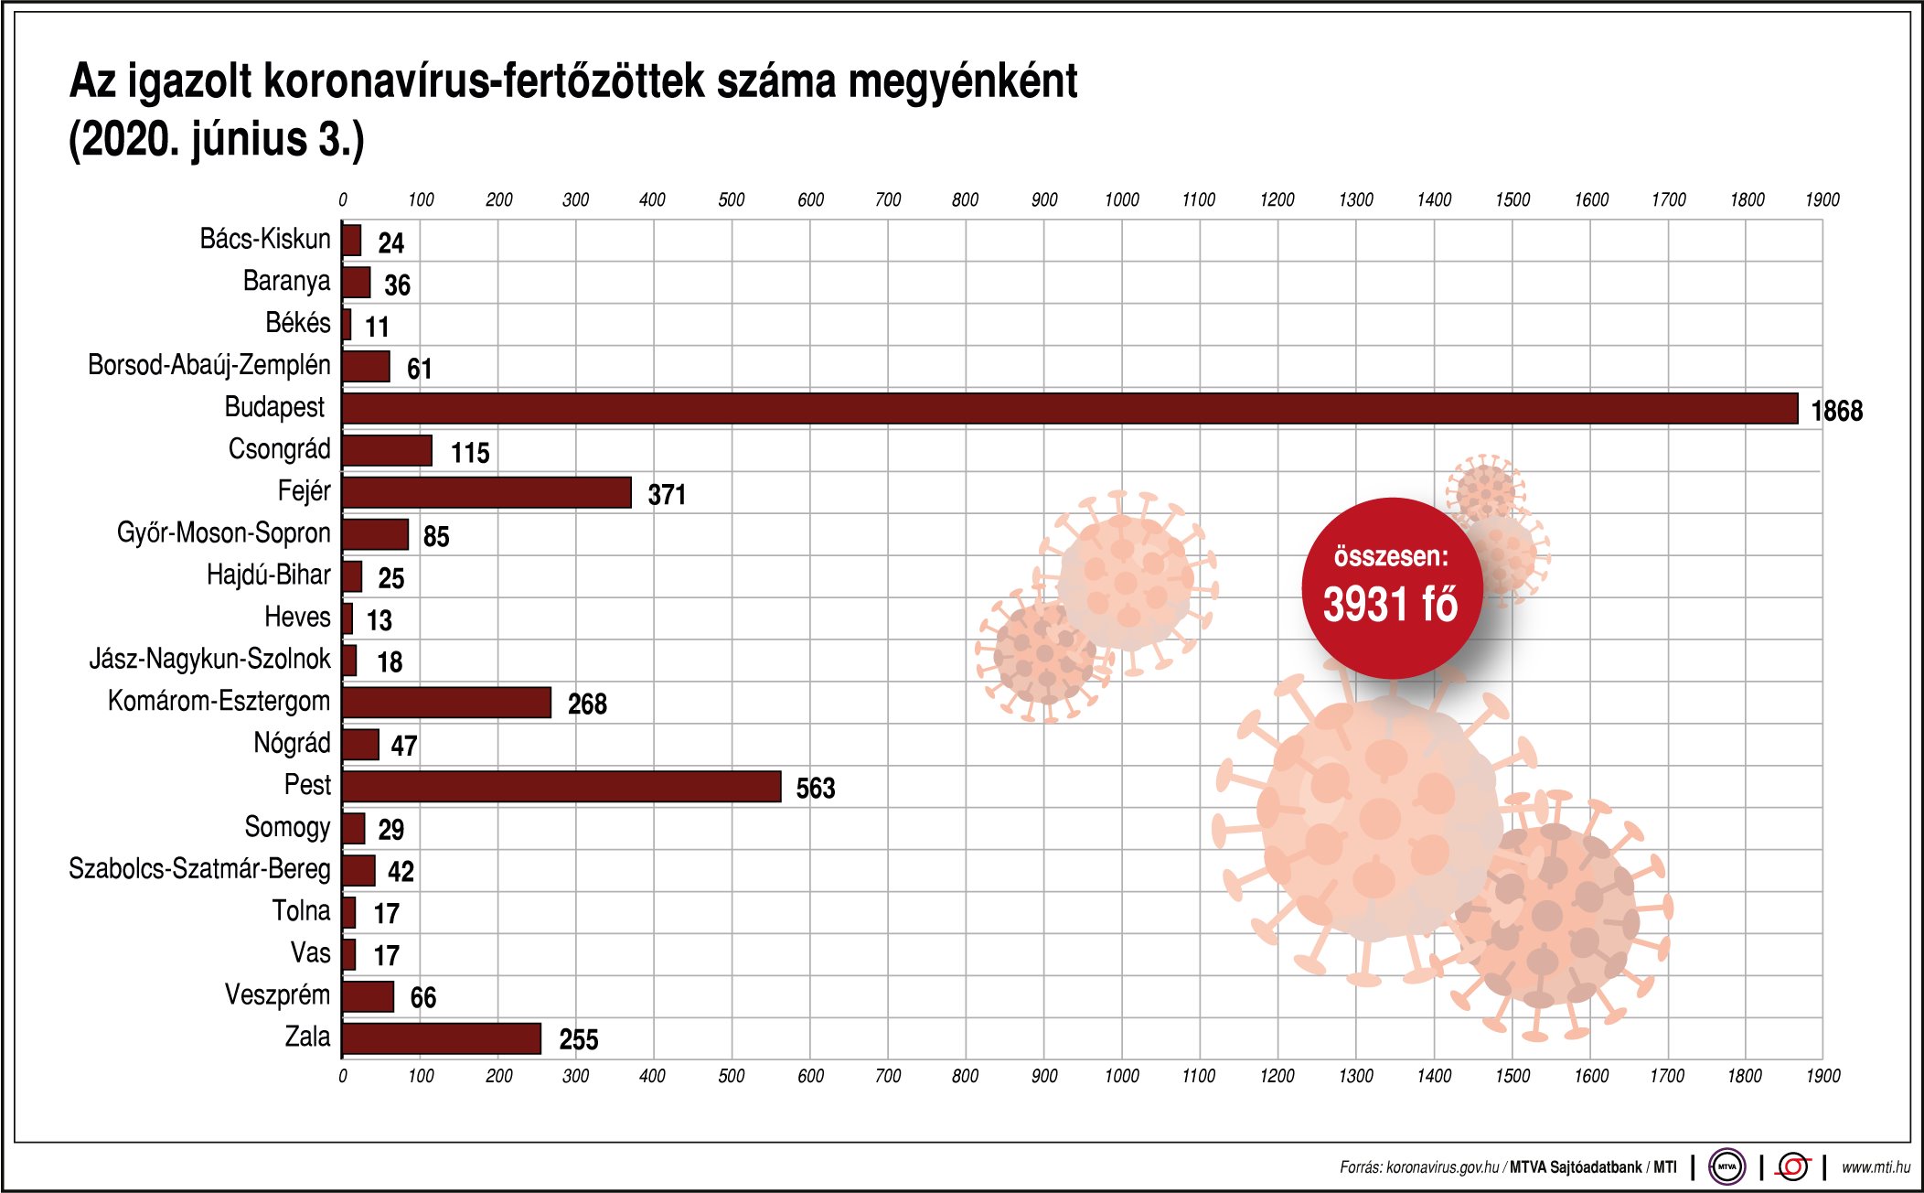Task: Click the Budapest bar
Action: click(1070, 409)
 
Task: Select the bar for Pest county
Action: click(561, 787)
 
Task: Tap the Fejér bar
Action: click(486, 492)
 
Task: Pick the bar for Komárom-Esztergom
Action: click(446, 703)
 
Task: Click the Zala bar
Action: click(442, 1038)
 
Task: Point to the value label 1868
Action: click(1836, 411)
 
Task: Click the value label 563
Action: click(815, 789)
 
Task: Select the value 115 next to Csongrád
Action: click(470, 453)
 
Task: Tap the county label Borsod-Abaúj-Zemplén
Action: click(208, 365)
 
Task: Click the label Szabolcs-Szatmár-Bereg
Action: click(199, 868)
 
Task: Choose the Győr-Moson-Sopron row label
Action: click(223, 532)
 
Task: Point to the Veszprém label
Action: click(277, 994)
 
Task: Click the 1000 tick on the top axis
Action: click(1121, 200)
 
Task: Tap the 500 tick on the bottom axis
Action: click(731, 1076)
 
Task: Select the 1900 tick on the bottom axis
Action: click(1822, 1076)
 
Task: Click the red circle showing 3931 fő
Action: click(1391, 587)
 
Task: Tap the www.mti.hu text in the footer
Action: click(1876, 1167)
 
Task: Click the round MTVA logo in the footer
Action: click(1726, 1166)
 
